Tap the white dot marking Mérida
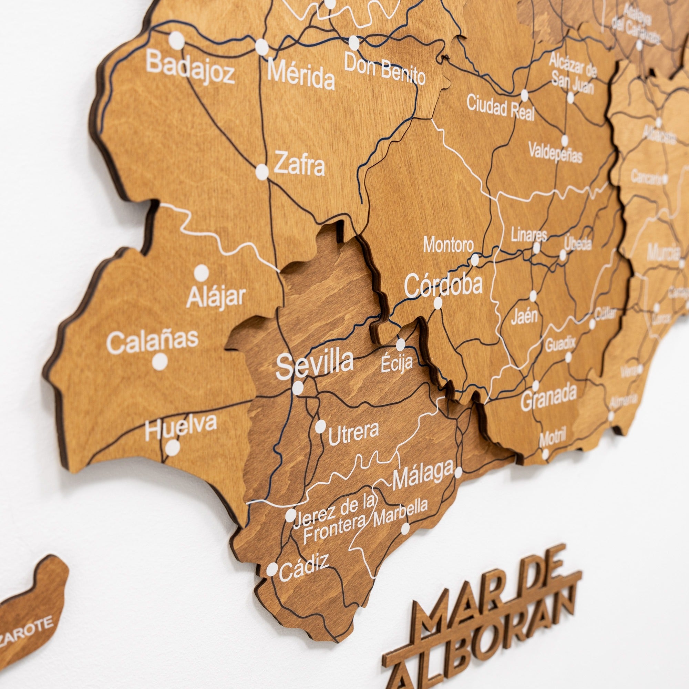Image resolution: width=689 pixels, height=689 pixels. click(262, 47)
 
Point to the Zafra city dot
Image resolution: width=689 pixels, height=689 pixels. click(262, 172)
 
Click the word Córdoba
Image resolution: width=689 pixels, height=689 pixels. click(443, 285)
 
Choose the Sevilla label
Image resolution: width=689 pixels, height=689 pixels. click(315, 363)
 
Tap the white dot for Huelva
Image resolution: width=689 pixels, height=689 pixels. click(173, 448)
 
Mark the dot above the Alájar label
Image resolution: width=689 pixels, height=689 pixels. click(202, 272)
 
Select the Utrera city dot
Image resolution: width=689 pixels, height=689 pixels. click(320, 426)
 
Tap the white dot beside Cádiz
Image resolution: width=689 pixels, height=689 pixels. click(272, 569)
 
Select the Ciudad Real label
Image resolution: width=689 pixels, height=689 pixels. click(500, 107)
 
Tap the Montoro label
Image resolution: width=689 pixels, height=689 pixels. click(448, 245)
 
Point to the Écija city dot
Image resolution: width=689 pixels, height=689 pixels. click(401, 344)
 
